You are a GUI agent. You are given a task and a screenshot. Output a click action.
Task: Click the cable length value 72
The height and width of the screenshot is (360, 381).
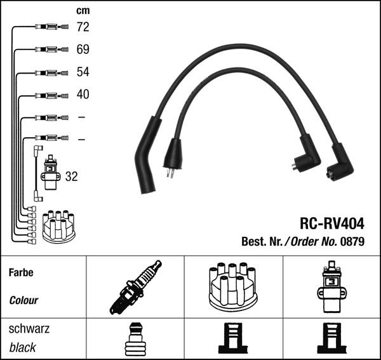(x=83, y=27)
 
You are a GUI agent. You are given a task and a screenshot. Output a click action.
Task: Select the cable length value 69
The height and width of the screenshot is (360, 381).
(x=83, y=50)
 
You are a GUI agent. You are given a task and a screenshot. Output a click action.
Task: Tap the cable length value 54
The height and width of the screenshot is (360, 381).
(x=83, y=72)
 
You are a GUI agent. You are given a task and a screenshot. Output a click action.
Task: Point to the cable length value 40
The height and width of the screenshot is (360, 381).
(x=83, y=94)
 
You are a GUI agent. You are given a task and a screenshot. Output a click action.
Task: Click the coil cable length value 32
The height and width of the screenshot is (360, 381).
(x=71, y=177)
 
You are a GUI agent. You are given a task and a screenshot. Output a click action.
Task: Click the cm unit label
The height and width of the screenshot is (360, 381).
(x=83, y=11)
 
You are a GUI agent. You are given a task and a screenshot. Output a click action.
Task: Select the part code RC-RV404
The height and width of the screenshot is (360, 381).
(x=332, y=223)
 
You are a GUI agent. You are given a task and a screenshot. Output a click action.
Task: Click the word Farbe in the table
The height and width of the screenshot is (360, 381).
(x=21, y=272)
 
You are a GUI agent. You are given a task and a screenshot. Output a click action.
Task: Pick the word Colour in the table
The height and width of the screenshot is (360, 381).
(x=23, y=300)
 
